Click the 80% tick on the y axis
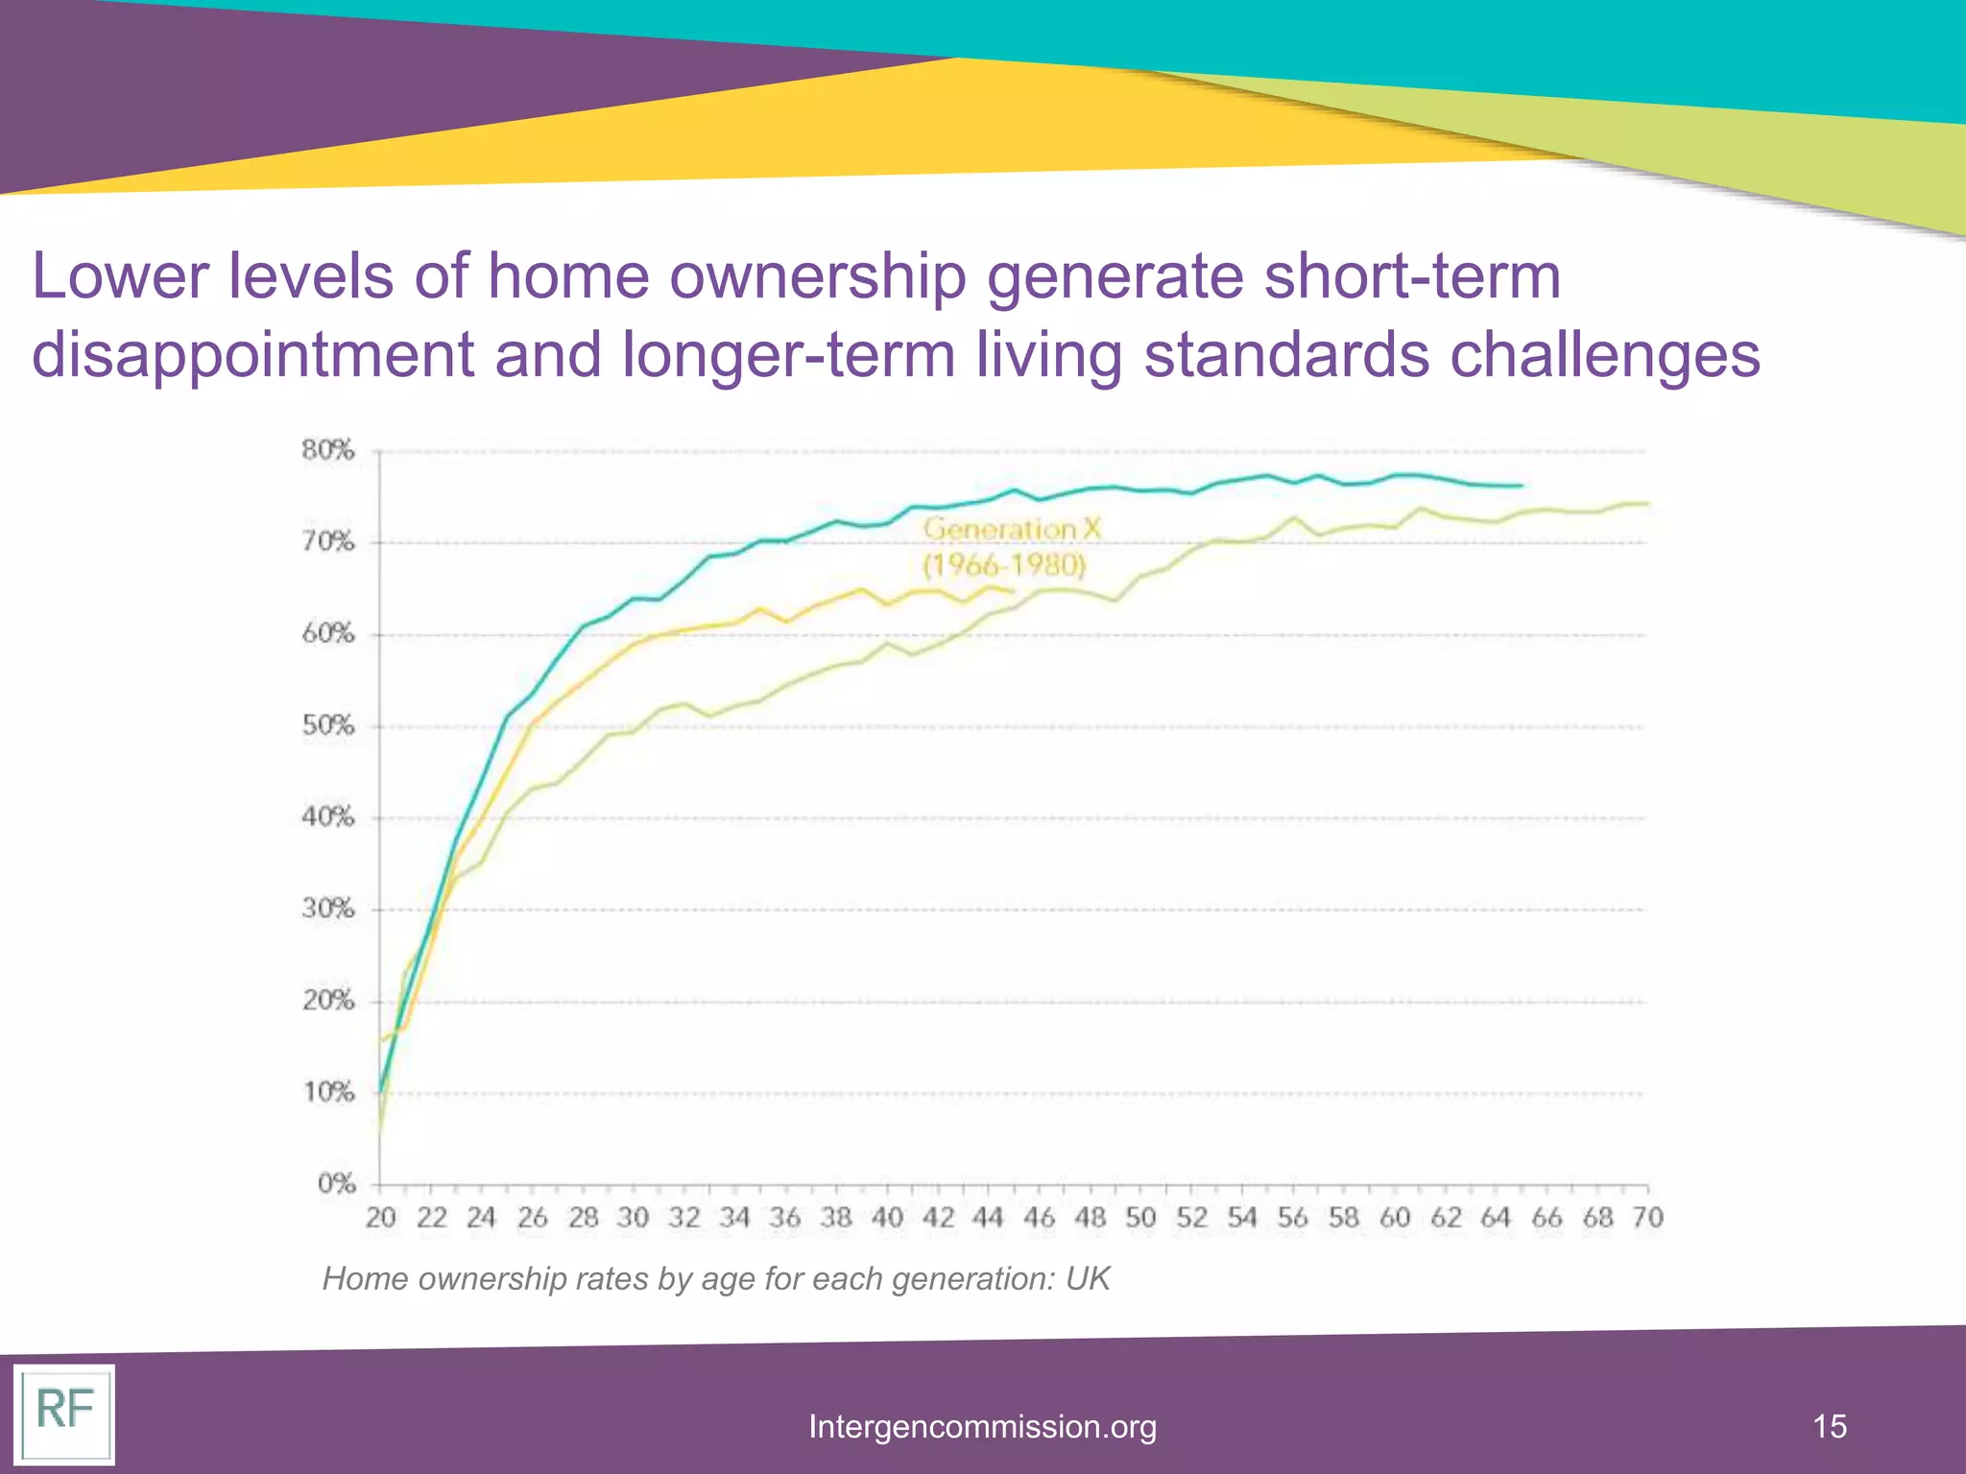[x=328, y=450]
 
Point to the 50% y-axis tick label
[x=328, y=725]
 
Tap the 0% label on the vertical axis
[x=337, y=1184]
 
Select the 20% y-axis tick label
[x=328, y=1001]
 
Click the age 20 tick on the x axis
[x=381, y=1218]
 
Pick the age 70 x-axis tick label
[x=1647, y=1218]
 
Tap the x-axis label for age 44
[x=988, y=1218]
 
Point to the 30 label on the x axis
[x=634, y=1218]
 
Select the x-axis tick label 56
[x=1292, y=1218]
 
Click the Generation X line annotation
[x=1012, y=529]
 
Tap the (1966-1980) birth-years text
[x=1004, y=565]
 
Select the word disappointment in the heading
[x=252, y=355]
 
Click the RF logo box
[x=64, y=1414]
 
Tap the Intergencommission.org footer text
[x=982, y=1427]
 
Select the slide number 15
[x=1830, y=1427]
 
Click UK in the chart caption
[x=1088, y=1279]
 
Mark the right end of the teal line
[x=1522, y=486]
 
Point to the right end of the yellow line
[x=1014, y=591]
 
